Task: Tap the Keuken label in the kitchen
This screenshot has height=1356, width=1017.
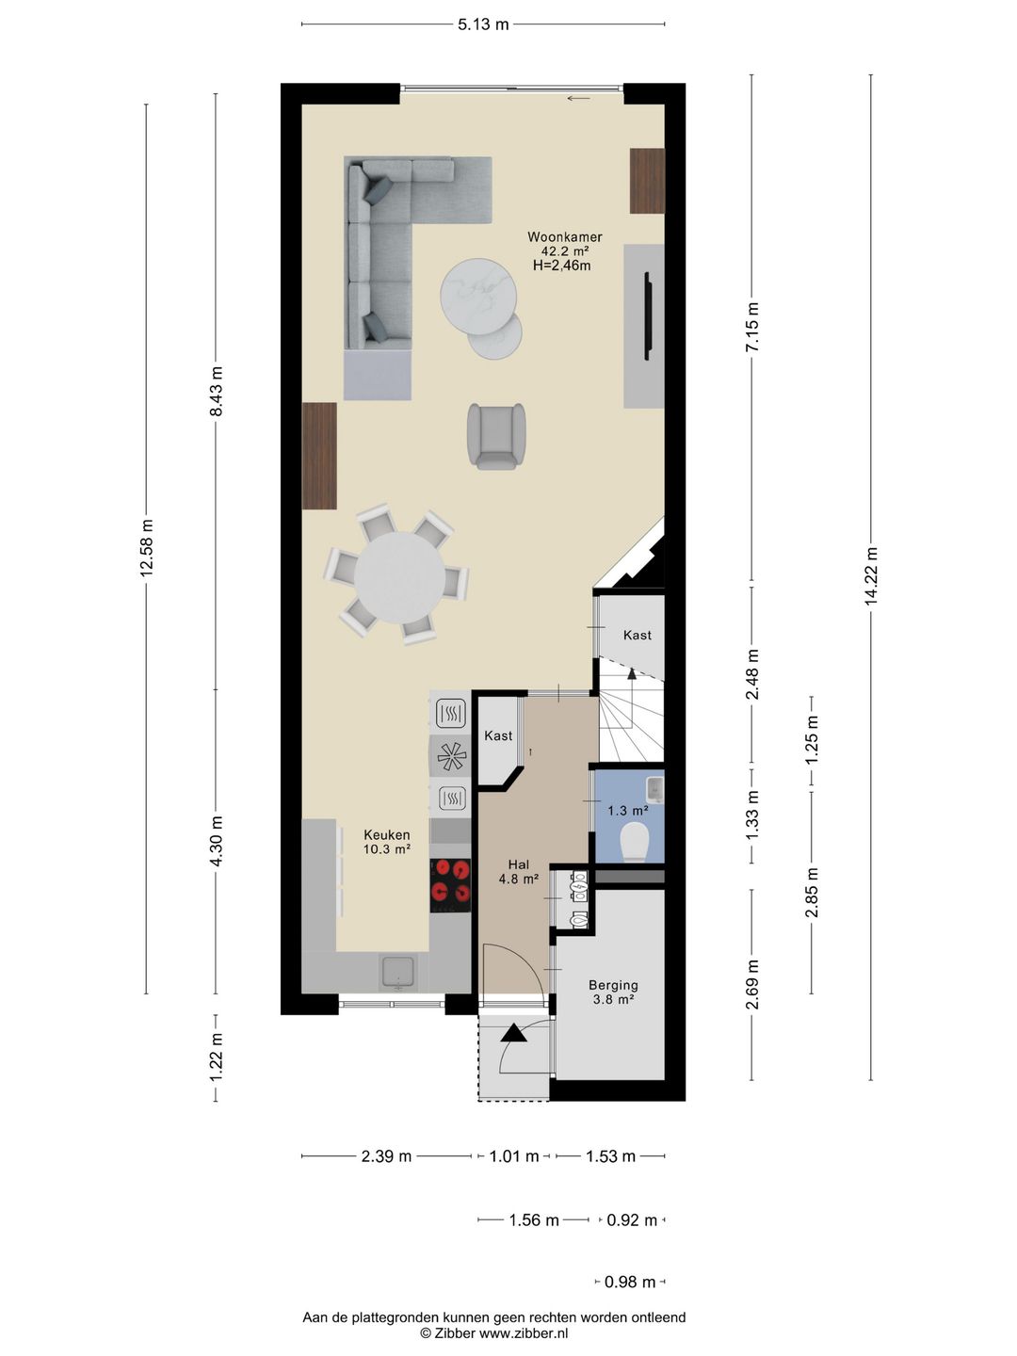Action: tap(386, 834)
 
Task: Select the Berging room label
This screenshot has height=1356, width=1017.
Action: tap(613, 985)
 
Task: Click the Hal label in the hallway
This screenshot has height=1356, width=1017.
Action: tap(519, 864)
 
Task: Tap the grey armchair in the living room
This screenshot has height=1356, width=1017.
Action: tap(496, 436)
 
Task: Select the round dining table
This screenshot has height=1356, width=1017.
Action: tap(399, 577)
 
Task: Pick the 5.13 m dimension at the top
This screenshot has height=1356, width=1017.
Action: tap(483, 24)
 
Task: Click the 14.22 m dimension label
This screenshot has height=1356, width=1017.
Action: tap(871, 576)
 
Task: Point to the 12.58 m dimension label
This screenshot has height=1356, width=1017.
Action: tap(146, 548)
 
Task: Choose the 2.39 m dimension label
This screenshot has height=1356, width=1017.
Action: tap(386, 1155)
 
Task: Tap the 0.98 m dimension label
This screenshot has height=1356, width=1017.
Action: tap(630, 1282)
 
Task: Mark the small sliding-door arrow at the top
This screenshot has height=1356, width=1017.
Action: tap(578, 98)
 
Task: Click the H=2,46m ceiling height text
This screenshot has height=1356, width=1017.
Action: tap(561, 266)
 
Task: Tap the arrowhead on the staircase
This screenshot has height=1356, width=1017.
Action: tap(632, 674)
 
